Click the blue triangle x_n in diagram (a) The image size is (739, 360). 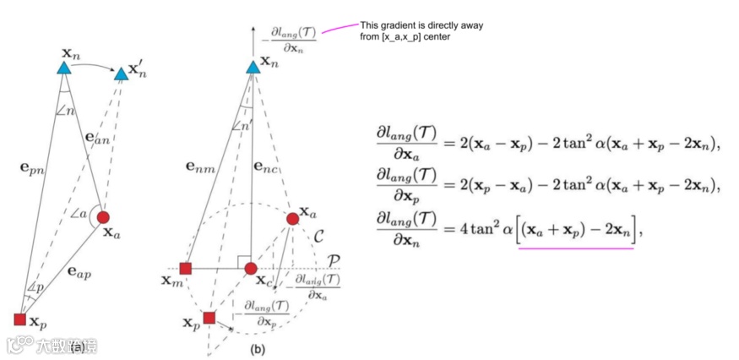(x=67, y=63)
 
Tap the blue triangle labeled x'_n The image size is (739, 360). (x=122, y=75)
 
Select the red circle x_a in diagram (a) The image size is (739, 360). (x=103, y=218)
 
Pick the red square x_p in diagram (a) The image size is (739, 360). (x=20, y=319)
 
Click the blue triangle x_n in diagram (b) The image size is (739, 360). (x=253, y=66)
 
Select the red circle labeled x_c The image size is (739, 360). (x=251, y=269)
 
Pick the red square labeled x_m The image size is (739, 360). (x=186, y=269)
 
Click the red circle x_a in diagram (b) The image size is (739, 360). (x=292, y=219)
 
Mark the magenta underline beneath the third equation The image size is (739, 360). (x=575, y=248)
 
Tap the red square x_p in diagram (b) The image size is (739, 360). (x=209, y=318)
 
